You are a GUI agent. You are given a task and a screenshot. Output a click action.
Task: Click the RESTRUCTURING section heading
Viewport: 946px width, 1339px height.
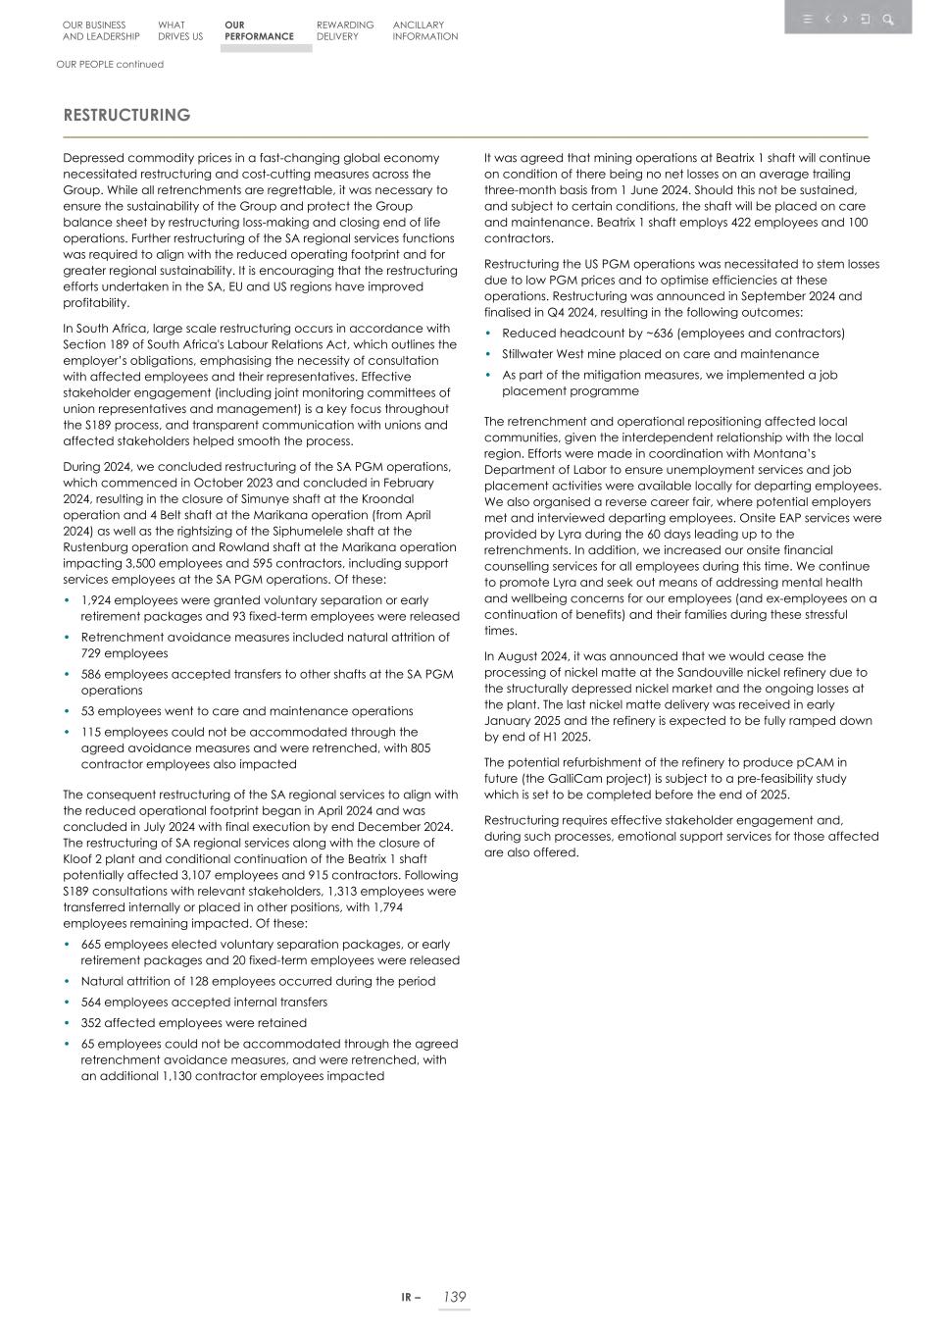click(x=126, y=116)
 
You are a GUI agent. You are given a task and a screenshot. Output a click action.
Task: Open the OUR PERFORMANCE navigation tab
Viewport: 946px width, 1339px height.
click(x=258, y=31)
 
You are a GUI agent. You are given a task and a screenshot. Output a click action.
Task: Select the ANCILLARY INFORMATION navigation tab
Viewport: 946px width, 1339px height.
click(x=424, y=31)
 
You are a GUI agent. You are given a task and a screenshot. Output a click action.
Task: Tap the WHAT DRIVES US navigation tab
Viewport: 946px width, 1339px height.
click(x=179, y=31)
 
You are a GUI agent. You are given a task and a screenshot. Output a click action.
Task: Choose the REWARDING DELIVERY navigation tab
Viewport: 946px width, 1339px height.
click(x=344, y=31)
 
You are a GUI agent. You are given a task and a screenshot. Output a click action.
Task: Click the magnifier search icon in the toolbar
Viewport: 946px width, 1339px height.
click(x=888, y=20)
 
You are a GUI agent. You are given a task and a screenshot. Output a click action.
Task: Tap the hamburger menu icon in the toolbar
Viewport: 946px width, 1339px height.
click(x=807, y=20)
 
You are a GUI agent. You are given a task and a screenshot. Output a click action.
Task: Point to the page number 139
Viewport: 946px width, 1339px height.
click(x=454, y=1297)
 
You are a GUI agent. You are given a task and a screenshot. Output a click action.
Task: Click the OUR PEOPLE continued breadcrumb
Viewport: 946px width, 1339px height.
click(x=110, y=65)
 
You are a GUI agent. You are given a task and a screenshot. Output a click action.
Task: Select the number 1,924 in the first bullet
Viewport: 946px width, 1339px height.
click(x=98, y=600)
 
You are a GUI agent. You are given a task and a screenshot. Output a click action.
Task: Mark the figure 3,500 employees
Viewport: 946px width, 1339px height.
click(x=145, y=564)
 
